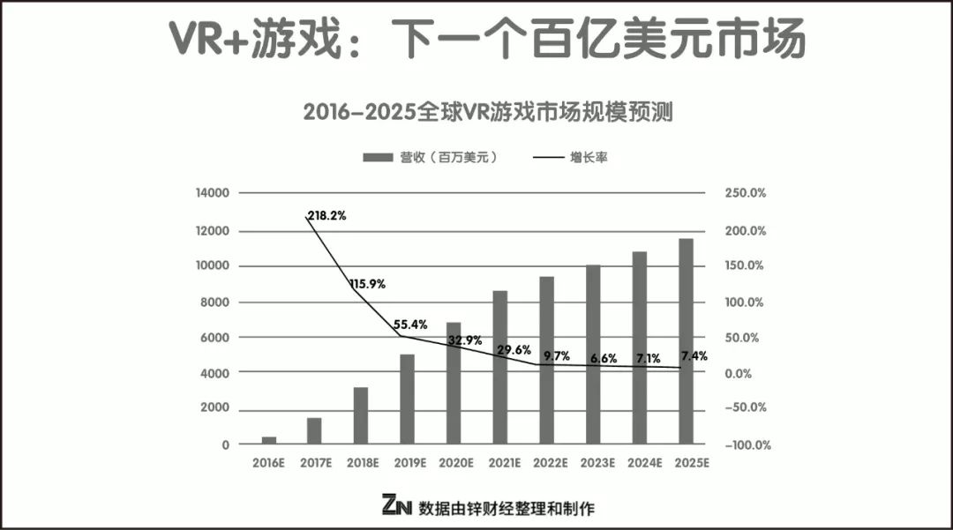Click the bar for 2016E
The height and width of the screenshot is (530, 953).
(x=268, y=439)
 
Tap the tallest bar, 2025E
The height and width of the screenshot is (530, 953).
(x=686, y=341)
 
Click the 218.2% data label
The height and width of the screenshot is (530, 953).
(x=326, y=215)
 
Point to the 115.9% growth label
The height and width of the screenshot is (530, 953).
(x=367, y=284)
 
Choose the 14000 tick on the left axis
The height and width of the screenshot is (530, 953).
(x=212, y=193)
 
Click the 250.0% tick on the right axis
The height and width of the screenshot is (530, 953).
(x=746, y=193)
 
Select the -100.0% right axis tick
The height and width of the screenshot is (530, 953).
(x=746, y=445)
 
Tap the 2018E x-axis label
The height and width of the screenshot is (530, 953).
(x=361, y=462)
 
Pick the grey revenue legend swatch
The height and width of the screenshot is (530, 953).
(x=378, y=158)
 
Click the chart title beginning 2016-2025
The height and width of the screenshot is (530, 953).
(x=476, y=113)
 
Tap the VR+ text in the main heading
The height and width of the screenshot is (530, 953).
(x=207, y=37)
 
